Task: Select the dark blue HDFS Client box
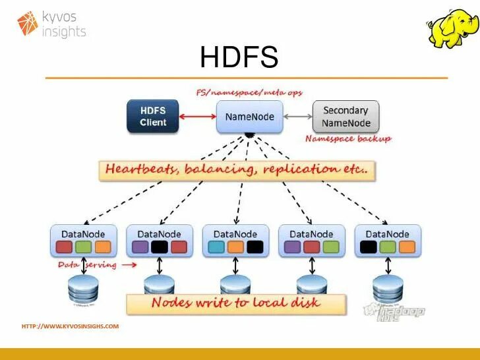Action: pos(153,116)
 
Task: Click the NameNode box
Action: pos(250,117)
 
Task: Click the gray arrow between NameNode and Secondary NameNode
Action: pos(297,117)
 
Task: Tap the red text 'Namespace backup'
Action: pos(348,139)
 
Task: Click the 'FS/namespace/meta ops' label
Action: pos(249,92)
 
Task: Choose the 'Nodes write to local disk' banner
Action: pos(235,303)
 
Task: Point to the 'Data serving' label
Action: pos(87,265)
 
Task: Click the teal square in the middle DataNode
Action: pos(216,247)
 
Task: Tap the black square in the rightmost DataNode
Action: pos(369,247)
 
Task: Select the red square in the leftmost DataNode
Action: pos(64,247)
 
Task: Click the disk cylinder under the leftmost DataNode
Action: pos(84,288)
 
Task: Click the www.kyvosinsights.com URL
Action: pos(71,326)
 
